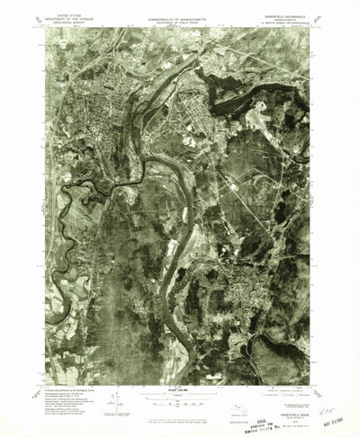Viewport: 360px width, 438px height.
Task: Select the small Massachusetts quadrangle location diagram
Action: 238,396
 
